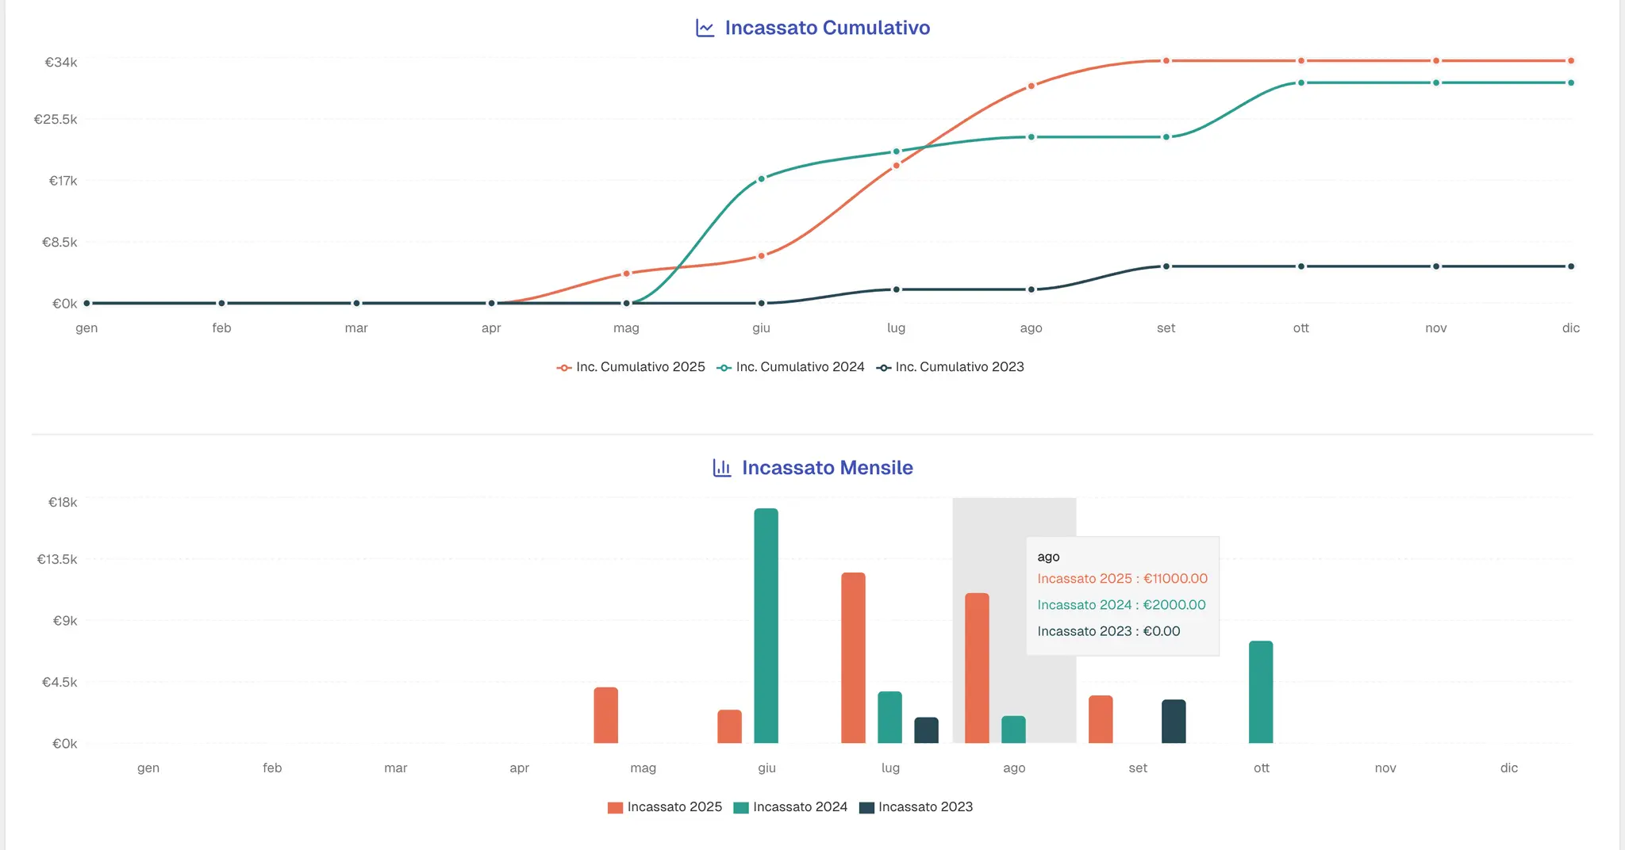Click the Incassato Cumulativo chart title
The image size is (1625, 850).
pos(827,28)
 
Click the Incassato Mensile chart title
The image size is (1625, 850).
pos(827,468)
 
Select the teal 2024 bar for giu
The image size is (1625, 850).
pos(766,626)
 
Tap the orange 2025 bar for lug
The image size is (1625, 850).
pos(854,657)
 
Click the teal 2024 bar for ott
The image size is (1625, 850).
pos(1261,691)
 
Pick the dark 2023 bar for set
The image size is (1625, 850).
pos(1174,721)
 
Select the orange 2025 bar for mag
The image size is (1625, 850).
pos(606,715)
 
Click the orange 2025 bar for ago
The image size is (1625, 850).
pos(978,668)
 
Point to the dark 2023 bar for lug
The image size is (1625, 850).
pos(927,730)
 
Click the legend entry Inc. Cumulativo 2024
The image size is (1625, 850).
pos(791,367)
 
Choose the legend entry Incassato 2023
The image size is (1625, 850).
pos(916,807)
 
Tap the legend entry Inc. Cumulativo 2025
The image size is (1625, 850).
pos(631,367)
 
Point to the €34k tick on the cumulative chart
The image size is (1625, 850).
pos(61,62)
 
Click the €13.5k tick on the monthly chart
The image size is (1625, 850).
pos(57,559)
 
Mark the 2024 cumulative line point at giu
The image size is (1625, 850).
pos(761,178)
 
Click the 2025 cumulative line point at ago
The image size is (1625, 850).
pos(1031,86)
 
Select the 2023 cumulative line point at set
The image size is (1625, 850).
pos(1166,266)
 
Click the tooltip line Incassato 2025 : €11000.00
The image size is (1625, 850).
pos(1123,579)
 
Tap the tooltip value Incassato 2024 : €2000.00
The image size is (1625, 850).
pos(1122,605)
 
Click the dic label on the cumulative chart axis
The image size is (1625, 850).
pos(1571,328)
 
